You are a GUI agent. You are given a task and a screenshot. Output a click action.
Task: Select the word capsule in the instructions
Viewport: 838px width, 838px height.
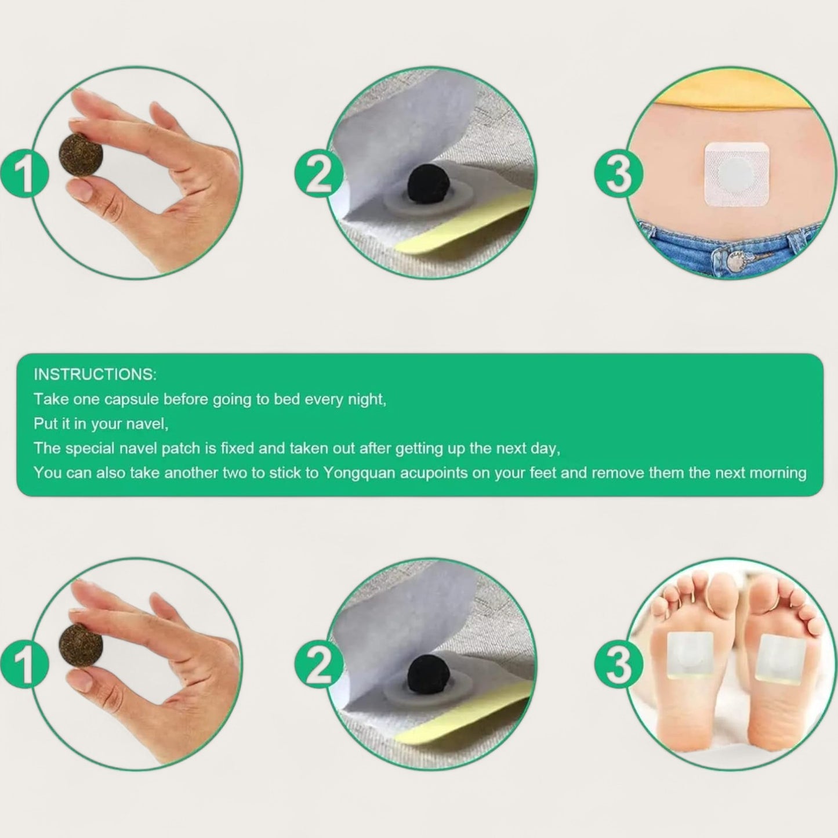point(132,400)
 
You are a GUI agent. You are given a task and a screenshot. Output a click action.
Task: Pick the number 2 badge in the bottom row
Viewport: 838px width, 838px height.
point(319,664)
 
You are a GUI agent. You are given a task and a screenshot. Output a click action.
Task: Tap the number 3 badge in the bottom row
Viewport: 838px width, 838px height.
point(618,664)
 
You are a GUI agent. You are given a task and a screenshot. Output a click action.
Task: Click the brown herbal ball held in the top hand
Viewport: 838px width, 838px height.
point(81,154)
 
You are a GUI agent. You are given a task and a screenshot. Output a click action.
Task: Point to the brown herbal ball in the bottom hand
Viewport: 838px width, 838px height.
point(81,645)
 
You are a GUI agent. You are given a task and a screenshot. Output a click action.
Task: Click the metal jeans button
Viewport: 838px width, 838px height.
point(738,262)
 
